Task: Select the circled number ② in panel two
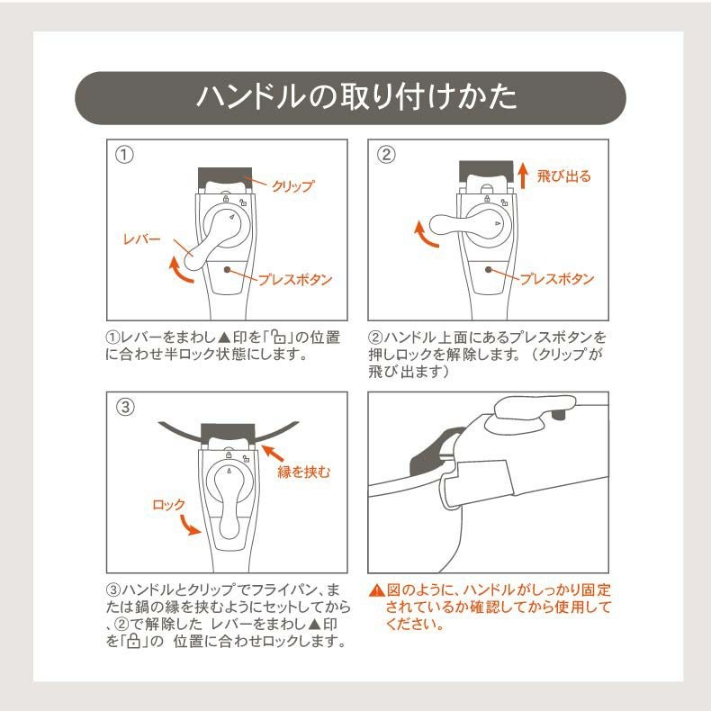(x=386, y=155)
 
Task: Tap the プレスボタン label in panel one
(x=295, y=280)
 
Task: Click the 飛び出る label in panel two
(x=563, y=176)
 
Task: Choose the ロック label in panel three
(x=168, y=505)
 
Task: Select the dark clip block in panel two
(x=486, y=169)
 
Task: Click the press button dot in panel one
(x=226, y=268)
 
